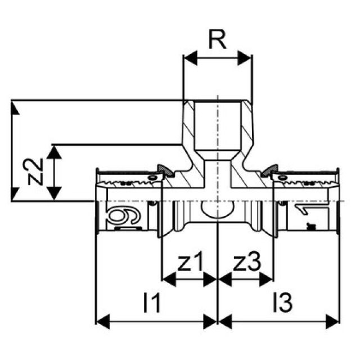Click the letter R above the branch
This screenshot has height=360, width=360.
pyautogui.click(x=217, y=41)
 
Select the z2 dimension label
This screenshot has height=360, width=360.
pyautogui.click(x=35, y=172)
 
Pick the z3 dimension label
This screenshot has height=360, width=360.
pyautogui.click(x=246, y=263)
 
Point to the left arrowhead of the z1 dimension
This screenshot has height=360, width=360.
pyautogui.click(x=167, y=278)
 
